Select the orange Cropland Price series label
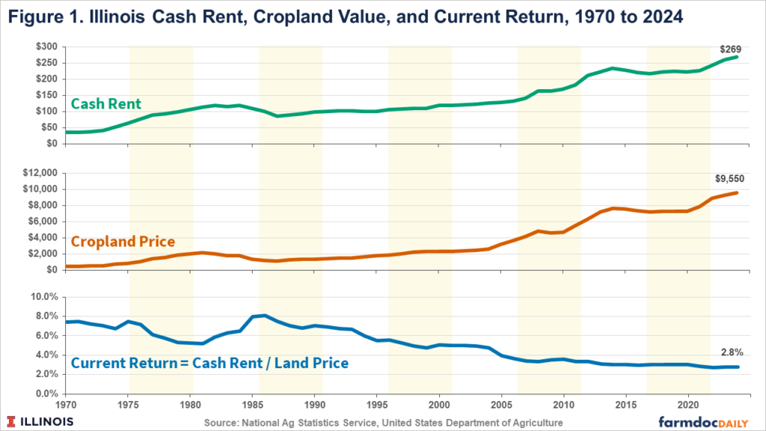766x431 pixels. [x=123, y=241]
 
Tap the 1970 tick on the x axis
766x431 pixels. [x=66, y=405]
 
